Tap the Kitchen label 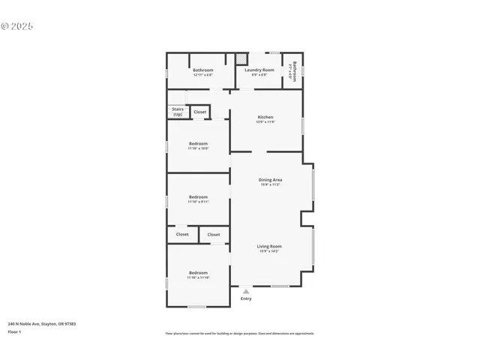point(265,117)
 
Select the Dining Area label point(270,179)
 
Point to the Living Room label point(268,246)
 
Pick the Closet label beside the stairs point(199,112)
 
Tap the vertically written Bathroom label point(294,71)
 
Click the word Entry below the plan point(246,298)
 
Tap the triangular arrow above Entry point(245,291)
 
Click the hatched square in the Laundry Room point(241,58)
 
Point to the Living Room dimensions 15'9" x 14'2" point(268,250)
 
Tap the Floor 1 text point(15,331)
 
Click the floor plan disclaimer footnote point(240,334)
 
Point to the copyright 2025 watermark point(17,26)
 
